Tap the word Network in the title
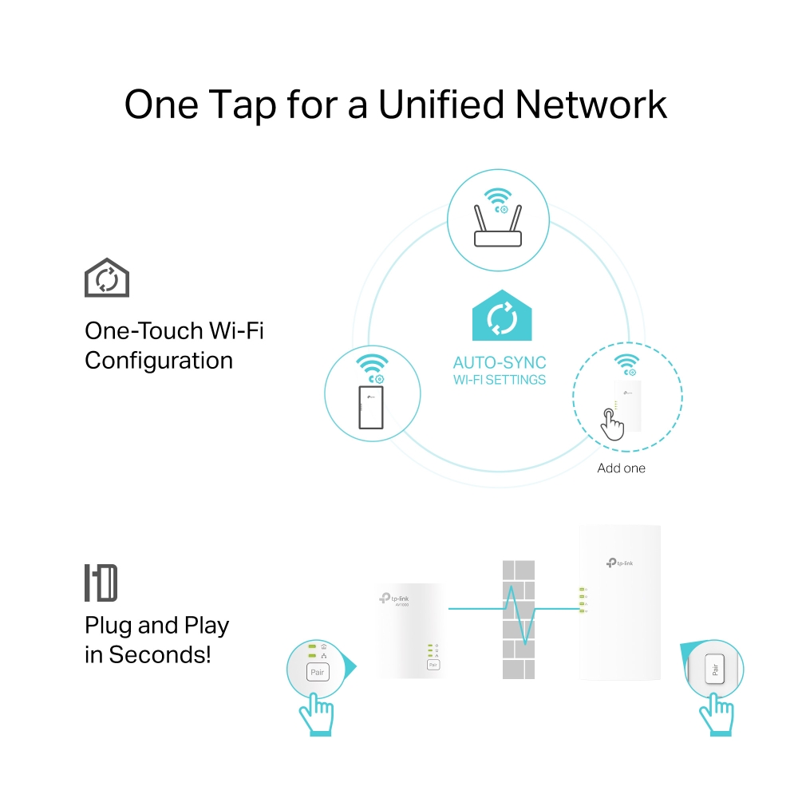(x=592, y=105)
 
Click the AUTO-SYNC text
(x=500, y=363)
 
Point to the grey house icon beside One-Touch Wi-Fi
(x=107, y=279)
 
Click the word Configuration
(x=159, y=361)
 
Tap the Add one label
(x=621, y=468)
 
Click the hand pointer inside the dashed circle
(x=612, y=424)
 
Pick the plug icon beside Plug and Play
(x=101, y=583)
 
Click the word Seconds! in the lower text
(x=160, y=655)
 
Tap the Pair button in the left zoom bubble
(x=318, y=672)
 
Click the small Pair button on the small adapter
(x=433, y=664)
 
